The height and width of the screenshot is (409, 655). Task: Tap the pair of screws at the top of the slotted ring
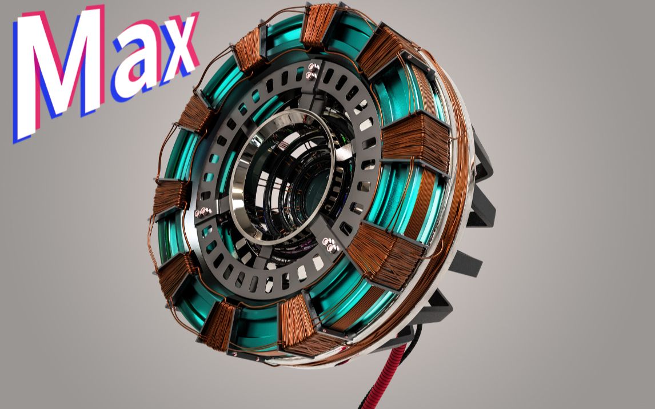pyautogui.click(x=313, y=71)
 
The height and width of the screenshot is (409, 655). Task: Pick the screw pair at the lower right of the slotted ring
pyautogui.click(x=330, y=246)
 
